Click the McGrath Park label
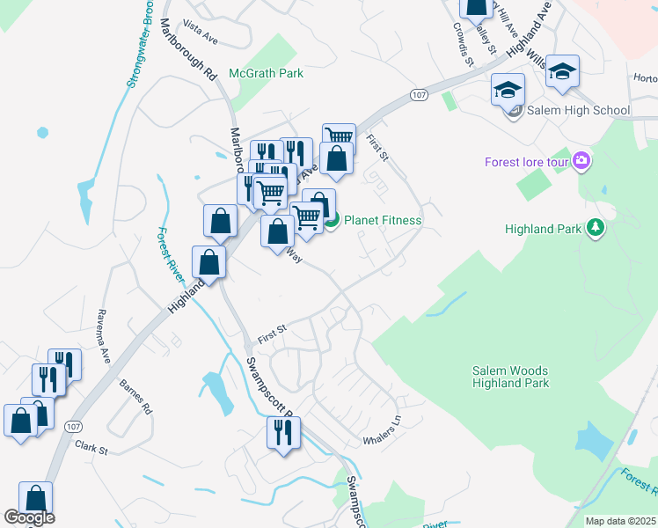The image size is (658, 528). click(266, 74)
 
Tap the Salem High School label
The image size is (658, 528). click(578, 111)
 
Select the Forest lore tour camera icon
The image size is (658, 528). click(581, 161)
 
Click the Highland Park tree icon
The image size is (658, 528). click(596, 229)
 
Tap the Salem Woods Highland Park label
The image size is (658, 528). click(510, 377)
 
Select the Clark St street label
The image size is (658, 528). click(91, 449)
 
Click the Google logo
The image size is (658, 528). click(29, 517)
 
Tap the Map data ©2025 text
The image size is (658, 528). click(621, 521)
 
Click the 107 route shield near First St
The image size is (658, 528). click(418, 94)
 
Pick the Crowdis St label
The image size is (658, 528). click(464, 49)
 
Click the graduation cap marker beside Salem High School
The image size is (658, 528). click(508, 90)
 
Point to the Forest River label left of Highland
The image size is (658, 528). click(172, 255)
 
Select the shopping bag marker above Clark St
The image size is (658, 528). click(19, 420)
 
